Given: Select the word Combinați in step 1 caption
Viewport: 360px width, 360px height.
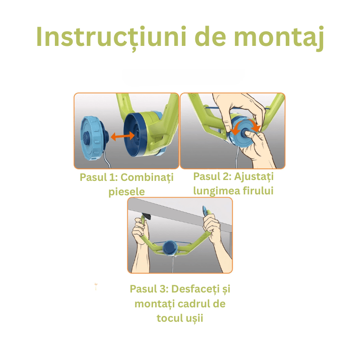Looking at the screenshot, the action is tap(147, 178).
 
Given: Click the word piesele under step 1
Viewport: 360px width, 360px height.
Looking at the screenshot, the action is tap(126, 192).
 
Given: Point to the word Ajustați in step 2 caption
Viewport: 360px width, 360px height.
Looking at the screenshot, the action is tap(254, 177).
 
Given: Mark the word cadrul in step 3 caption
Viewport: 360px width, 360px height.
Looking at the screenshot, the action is tap(194, 304).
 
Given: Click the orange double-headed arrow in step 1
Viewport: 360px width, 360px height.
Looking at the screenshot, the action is tap(122, 136).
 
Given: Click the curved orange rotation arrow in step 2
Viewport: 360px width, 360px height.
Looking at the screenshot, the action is tap(246, 125).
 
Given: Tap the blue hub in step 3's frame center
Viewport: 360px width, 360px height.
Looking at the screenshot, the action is tap(170, 248).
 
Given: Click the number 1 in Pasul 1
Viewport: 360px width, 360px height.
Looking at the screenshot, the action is tap(112, 177).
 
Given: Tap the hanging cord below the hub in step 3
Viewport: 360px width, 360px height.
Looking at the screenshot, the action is tap(173, 265).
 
